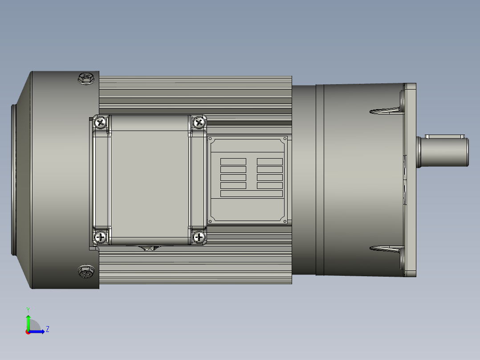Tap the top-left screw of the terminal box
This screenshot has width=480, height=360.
pos(102,122)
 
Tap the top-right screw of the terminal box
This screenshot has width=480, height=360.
pos(199,122)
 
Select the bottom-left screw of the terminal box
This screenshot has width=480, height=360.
pos(101,237)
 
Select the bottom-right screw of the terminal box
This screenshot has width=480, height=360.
pos(199,237)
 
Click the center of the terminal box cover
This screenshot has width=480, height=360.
pos(149,178)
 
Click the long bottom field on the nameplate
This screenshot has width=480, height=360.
pos(252,193)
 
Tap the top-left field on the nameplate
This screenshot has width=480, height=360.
pos(233,161)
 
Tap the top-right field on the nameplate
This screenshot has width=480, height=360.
pos(269,161)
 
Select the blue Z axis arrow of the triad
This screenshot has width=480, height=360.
pos(38,331)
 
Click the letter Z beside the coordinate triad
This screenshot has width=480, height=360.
pos(47,329)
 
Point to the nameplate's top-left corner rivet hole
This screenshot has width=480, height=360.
pos(212,140)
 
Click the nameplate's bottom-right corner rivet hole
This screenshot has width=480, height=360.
pos(285,221)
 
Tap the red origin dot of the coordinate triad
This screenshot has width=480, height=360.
pos(28,332)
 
